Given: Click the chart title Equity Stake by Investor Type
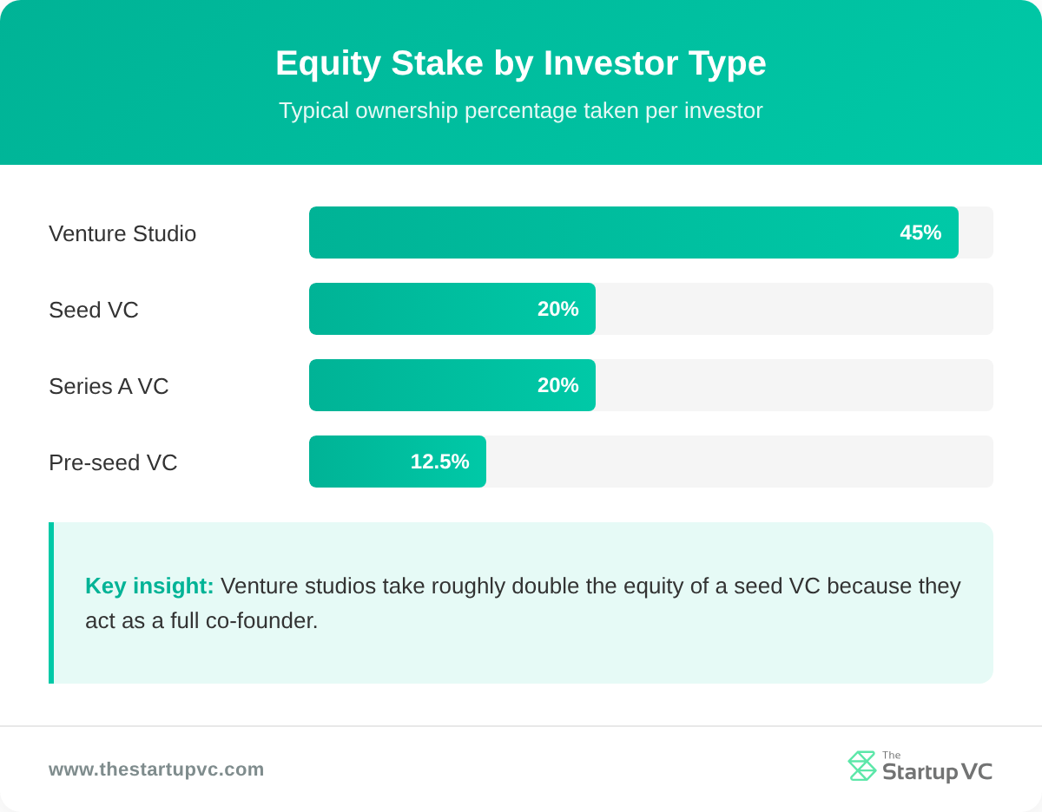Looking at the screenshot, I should point(520,63).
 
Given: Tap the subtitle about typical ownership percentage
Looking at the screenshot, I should point(520,111).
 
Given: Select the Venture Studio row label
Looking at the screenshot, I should point(122,233).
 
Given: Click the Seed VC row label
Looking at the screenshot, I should point(94,310).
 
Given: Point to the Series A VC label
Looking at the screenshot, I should point(109,386).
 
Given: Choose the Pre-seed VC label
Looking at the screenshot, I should point(113,462).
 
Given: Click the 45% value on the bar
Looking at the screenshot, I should point(920,232).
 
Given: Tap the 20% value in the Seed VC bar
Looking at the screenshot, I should point(557,309).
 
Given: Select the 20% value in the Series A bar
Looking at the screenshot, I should point(557,385).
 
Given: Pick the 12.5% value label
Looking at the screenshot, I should point(439,462).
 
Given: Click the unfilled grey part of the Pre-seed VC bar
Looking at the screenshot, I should point(738,462).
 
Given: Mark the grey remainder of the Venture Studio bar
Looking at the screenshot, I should point(976,232).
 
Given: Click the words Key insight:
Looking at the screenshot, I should point(149,586).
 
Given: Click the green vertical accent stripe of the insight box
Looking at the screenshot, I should point(51,603).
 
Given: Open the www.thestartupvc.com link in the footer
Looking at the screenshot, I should point(156,769).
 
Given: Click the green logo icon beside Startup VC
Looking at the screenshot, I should point(861,766).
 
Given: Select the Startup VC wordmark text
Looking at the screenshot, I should point(937,771).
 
